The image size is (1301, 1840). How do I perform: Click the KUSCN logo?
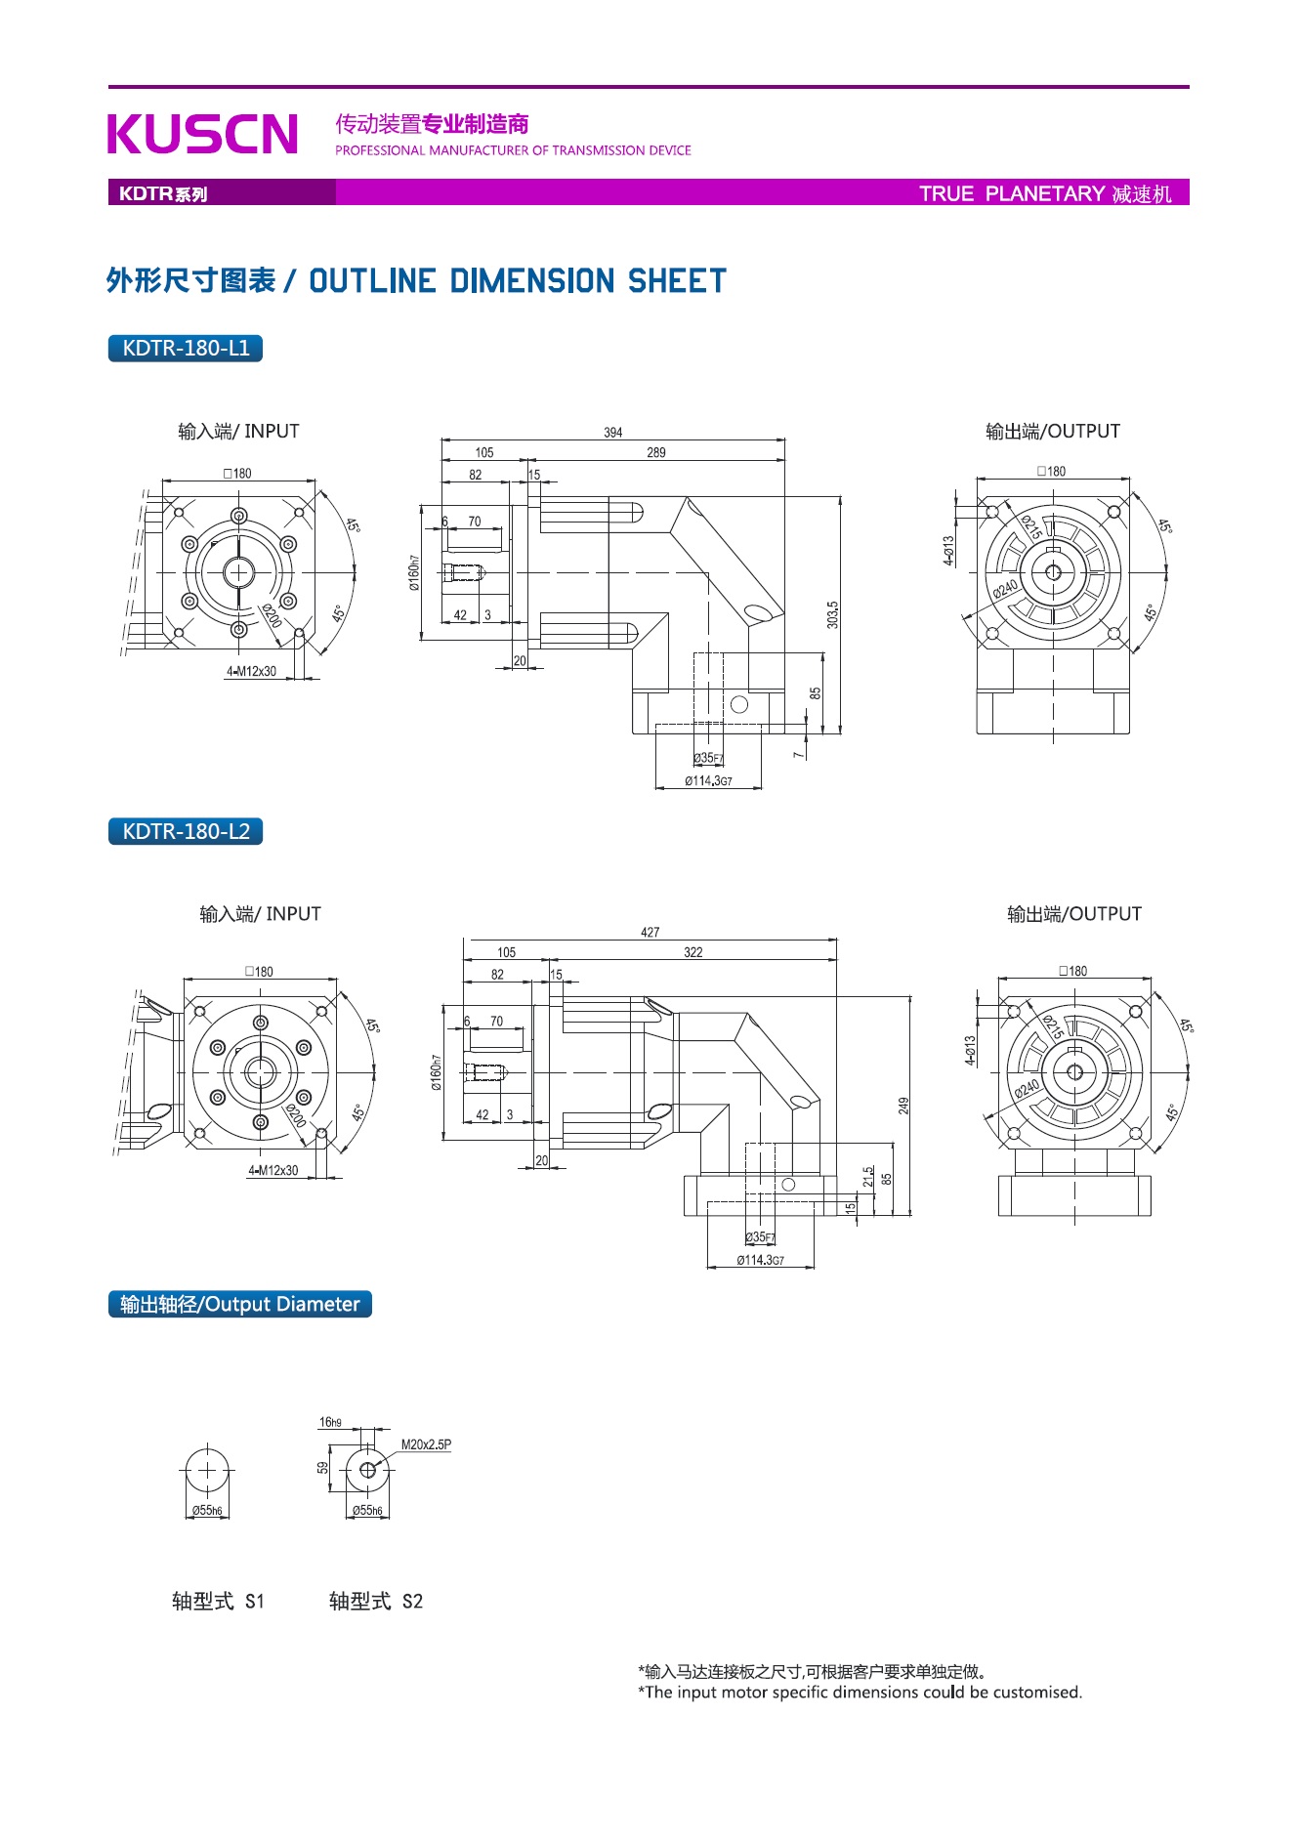point(202,134)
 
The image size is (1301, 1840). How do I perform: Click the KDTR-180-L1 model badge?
point(186,349)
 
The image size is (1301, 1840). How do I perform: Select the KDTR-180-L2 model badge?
point(186,832)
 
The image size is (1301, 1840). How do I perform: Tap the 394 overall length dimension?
point(612,433)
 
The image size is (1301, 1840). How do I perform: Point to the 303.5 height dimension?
point(832,614)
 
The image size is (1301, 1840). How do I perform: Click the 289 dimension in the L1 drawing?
point(655,453)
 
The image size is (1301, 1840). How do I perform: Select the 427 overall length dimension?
point(650,933)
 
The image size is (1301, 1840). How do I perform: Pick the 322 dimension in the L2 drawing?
point(692,952)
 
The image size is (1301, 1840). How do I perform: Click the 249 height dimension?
point(903,1106)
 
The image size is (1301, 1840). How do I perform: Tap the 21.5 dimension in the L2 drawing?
point(868,1177)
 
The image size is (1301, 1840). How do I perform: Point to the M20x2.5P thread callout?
point(426,1444)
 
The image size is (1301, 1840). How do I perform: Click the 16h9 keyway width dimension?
point(330,1422)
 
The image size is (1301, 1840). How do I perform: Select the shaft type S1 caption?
point(218,1601)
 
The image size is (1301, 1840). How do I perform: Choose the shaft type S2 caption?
point(376,1601)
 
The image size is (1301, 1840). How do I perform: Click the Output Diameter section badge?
point(240,1305)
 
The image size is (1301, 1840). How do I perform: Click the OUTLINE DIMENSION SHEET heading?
point(518,281)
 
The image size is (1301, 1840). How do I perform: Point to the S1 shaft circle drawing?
point(207,1470)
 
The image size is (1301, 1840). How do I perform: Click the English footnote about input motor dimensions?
point(860,1693)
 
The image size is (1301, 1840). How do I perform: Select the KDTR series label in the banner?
point(163,193)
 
